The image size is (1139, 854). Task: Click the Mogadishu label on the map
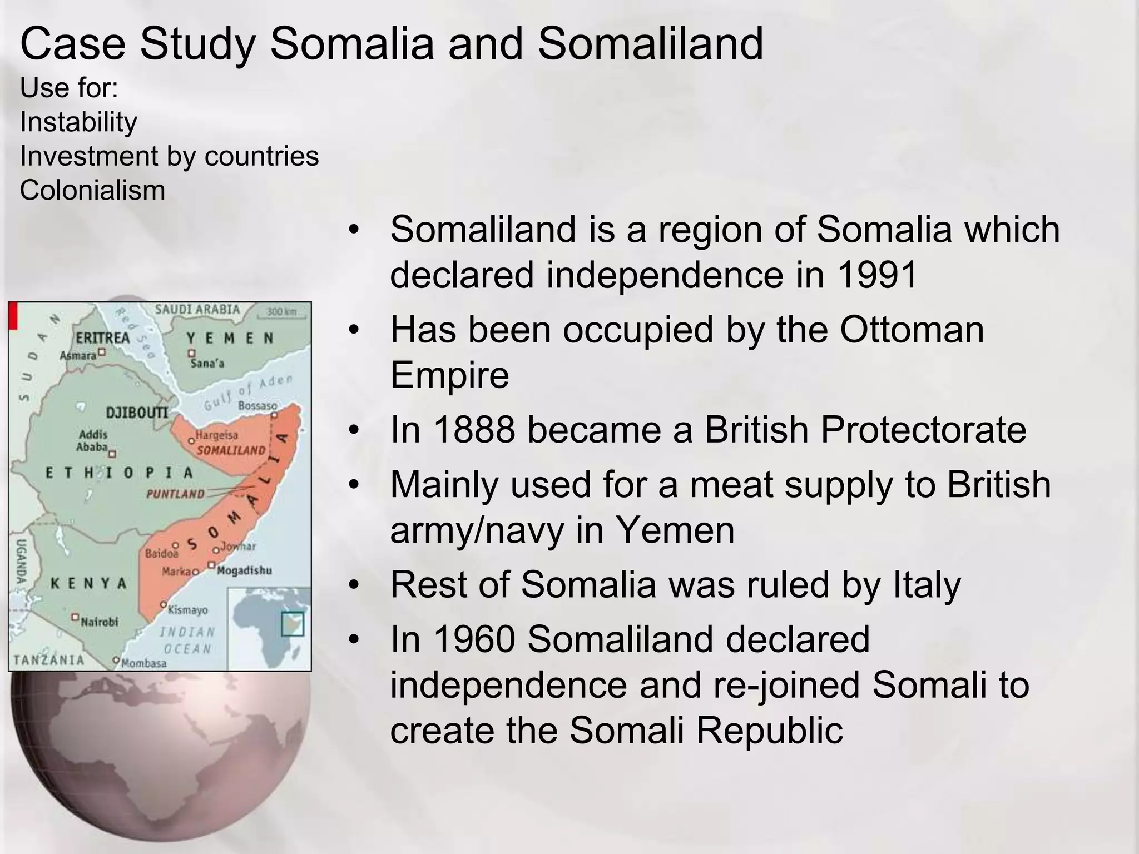[x=244, y=570]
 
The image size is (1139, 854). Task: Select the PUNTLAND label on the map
[x=175, y=494]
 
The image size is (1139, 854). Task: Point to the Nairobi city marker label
[x=100, y=622]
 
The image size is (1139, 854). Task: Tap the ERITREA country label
[x=102, y=338]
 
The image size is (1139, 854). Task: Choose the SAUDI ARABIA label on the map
[x=197, y=309]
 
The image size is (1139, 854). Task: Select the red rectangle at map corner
[x=13, y=315]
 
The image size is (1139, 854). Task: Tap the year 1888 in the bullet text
[x=474, y=430]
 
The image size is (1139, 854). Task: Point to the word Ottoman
[x=912, y=329]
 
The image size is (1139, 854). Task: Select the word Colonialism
[x=92, y=190]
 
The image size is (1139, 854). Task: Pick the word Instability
[x=78, y=122]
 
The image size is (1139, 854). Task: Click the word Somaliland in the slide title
[x=650, y=44]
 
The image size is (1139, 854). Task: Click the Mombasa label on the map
[x=143, y=663]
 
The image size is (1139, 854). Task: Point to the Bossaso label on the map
[x=257, y=406]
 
